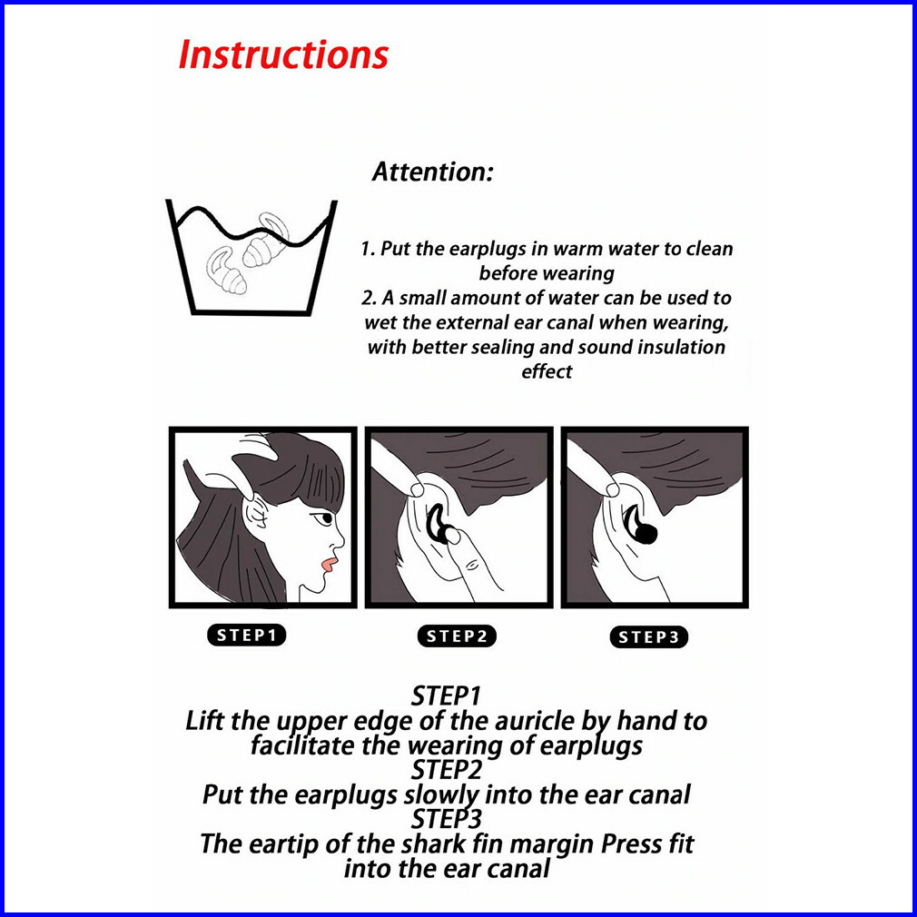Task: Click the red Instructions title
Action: pos(283,55)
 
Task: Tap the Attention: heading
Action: pos(433,172)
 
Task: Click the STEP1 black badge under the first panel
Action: pos(246,636)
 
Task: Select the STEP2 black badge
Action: pos(457,636)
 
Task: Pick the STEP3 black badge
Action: pos(648,636)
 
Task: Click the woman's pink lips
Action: pos(328,565)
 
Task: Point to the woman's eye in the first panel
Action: pos(323,518)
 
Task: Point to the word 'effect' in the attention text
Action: pos(547,372)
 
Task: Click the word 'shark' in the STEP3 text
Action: pos(433,843)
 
